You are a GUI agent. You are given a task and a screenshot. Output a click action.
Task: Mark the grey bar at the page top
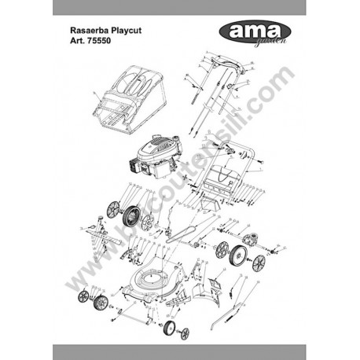180,7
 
